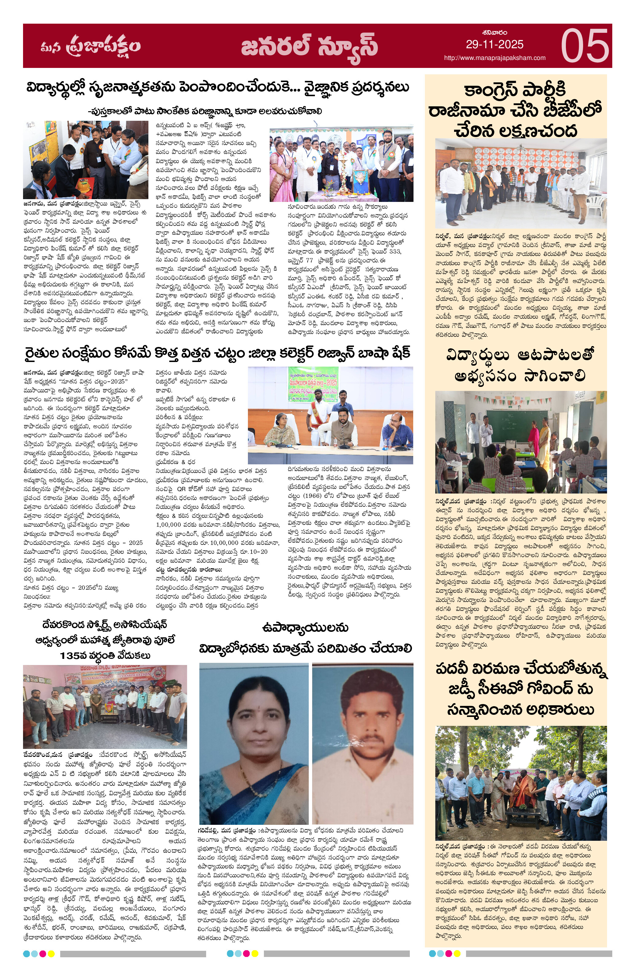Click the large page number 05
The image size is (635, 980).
coord(584,46)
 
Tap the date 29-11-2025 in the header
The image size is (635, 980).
coord(494,45)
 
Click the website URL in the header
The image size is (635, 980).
coord(494,58)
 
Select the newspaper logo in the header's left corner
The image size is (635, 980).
coord(91,46)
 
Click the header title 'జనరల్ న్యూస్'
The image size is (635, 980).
coord(309,46)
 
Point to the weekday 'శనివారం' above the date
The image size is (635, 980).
coord(494,33)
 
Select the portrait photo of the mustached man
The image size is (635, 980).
coord(362,744)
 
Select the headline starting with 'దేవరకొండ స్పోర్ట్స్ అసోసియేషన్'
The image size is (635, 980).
coord(104,624)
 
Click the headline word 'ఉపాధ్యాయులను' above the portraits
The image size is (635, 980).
coord(305,628)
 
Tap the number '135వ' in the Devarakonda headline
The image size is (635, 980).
coord(73,655)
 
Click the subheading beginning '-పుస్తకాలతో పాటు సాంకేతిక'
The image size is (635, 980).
coord(205,111)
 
